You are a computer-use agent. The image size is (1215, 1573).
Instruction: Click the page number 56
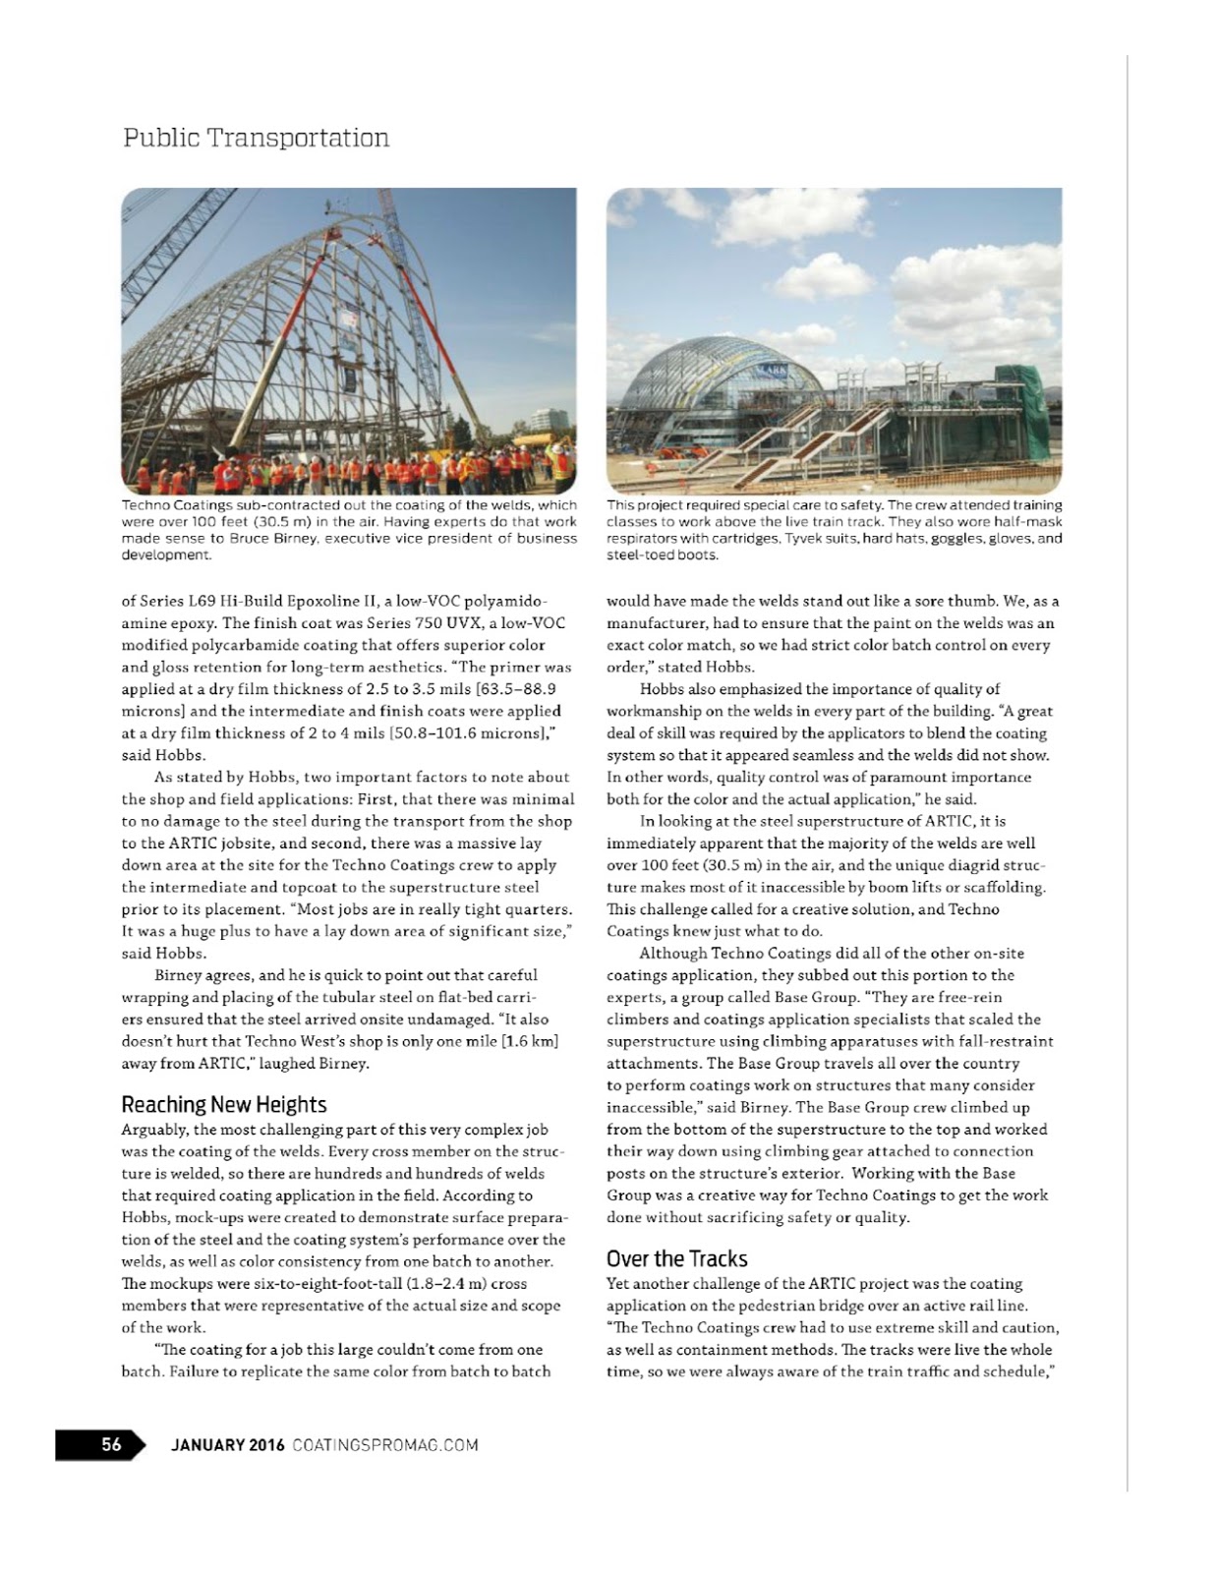click(111, 1444)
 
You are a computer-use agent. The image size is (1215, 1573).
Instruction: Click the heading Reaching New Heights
click(223, 1104)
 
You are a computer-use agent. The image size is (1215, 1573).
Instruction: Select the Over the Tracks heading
click(676, 1258)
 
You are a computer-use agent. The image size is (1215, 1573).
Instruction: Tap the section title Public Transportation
click(256, 138)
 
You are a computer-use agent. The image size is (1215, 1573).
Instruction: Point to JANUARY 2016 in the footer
click(227, 1444)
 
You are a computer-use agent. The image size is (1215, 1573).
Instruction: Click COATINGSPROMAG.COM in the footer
click(385, 1444)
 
